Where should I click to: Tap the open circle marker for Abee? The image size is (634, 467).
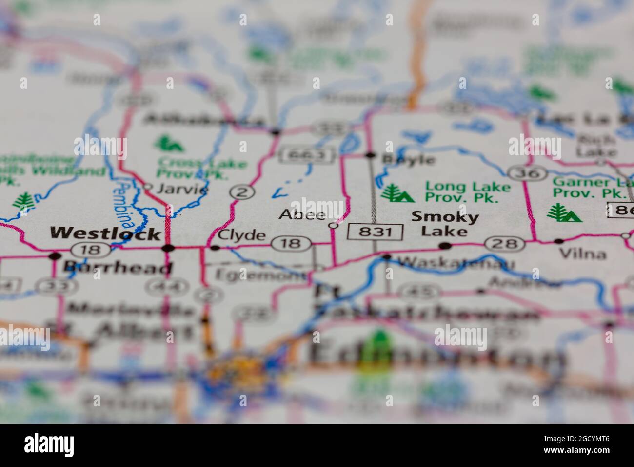(x=334, y=226)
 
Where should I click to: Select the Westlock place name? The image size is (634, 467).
(x=105, y=233)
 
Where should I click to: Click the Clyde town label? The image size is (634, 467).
(x=242, y=235)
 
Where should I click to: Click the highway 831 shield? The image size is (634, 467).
(x=375, y=232)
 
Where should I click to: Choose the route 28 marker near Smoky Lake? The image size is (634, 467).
(x=504, y=244)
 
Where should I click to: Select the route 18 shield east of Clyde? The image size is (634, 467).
(x=292, y=243)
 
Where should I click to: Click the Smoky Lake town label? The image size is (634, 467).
(x=438, y=224)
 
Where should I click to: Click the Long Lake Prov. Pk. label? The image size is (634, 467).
(x=461, y=192)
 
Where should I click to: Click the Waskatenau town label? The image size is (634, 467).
(x=456, y=264)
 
